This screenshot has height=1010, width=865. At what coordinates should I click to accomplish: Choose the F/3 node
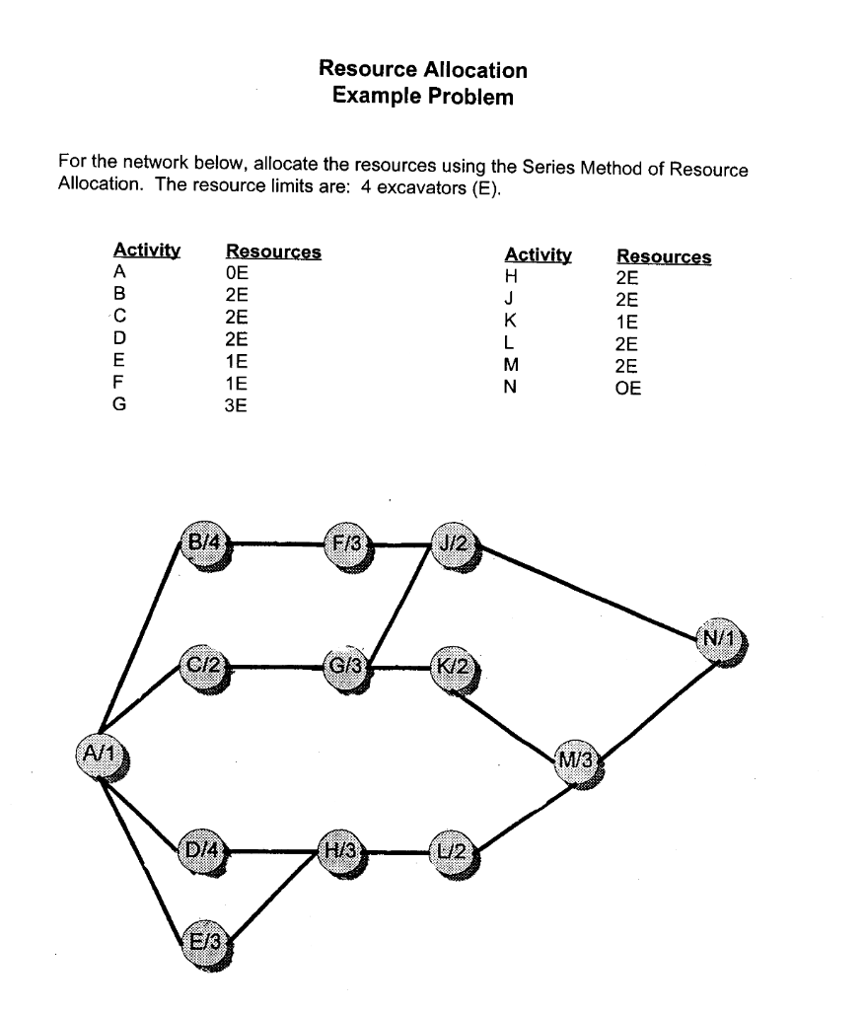point(351,541)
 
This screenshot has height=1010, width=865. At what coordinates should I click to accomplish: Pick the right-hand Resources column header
point(663,257)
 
